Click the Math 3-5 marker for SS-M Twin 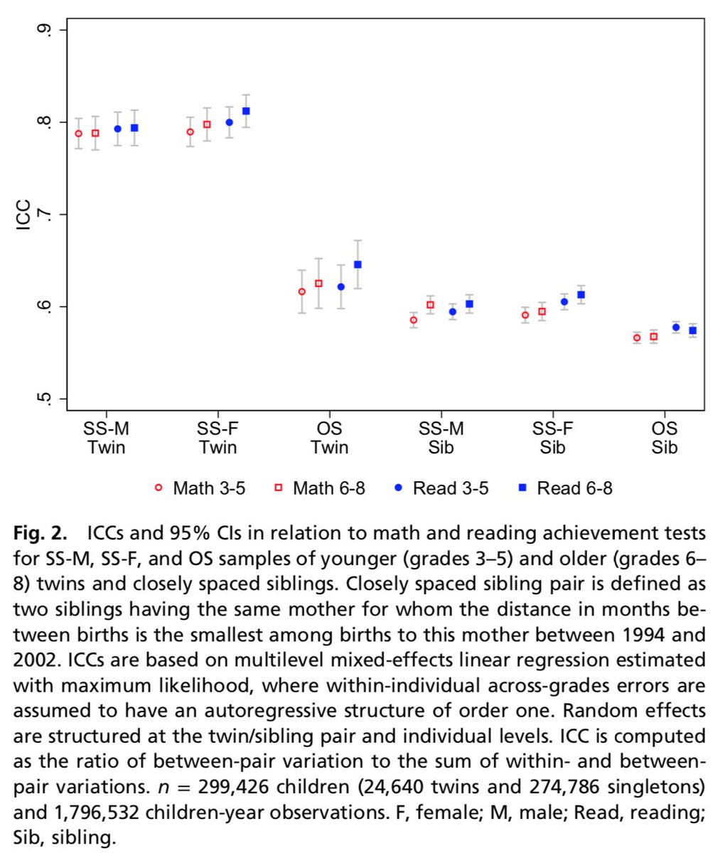[x=78, y=134]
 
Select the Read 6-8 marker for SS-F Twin [x=246, y=111]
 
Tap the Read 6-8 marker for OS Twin [x=358, y=264]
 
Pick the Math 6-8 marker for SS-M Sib [x=430, y=304]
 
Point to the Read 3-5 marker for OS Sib [x=676, y=328]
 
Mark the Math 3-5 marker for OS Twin [x=302, y=291]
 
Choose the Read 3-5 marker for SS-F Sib [x=564, y=301]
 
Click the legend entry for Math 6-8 [x=320, y=488]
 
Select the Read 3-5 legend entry [x=441, y=488]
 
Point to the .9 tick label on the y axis [x=44, y=31]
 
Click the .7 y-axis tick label [x=44, y=215]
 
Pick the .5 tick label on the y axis [x=44, y=399]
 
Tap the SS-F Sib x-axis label [x=553, y=438]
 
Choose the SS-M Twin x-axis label [x=107, y=438]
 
